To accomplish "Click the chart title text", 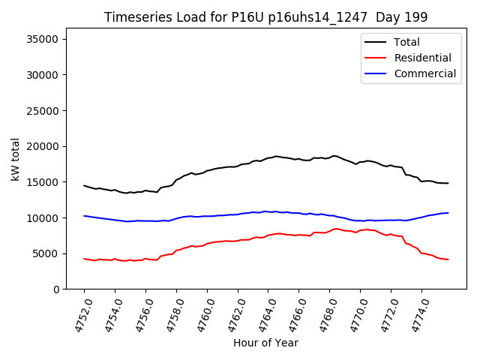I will (265, 17).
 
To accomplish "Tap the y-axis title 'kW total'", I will (16, 159).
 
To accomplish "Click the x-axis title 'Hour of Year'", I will (265, 343).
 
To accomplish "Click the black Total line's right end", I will (448, 183).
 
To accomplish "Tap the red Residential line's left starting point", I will (84, 259).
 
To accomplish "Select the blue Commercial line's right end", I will (448, 212).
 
